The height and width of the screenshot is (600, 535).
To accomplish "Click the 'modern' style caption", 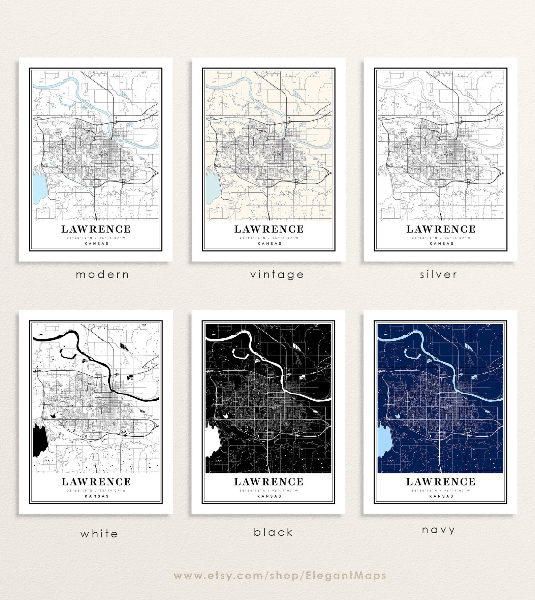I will pos(102,275).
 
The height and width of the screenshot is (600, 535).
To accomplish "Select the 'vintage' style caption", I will pos(277,275).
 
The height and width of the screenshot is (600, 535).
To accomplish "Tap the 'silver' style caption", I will pos(438,275).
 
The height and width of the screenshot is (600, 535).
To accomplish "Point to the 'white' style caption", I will pos(99,534).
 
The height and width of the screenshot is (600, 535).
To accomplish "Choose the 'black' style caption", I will pos(273,532).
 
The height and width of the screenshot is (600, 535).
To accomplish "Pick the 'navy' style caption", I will pos(438,530).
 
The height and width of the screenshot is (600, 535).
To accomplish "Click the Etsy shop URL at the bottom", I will pos(280,575).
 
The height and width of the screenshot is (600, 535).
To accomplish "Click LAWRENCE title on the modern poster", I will pos(96,229).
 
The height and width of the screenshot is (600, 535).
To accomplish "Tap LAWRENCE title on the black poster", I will pos(269,482).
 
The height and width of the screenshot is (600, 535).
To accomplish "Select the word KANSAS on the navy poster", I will pos(441,496).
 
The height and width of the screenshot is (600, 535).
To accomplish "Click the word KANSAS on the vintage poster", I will pos(269,243).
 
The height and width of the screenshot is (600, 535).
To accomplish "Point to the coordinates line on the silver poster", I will pos(441,238).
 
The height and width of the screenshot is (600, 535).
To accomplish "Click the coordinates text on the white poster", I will pos(96,490).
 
